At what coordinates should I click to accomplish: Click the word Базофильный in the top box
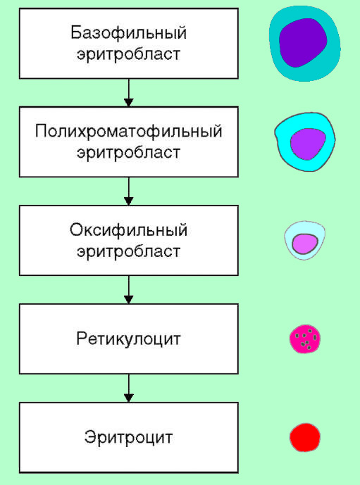click(x=128, y=32)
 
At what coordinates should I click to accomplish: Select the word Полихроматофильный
click(x=128, y=132)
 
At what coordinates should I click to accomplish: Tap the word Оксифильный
click(x=128, y=231)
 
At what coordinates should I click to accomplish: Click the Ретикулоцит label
click(x=128, y=339)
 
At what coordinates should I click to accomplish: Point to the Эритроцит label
click(x=128, y=437)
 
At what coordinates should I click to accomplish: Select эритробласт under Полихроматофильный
click(x=128, y=152)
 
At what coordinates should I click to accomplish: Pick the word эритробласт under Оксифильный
click(x=128, y=251)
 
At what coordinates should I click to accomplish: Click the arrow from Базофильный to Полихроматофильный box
click(x=128, y=92)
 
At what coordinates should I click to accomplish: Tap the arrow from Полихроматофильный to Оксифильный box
click(x=128, y=191)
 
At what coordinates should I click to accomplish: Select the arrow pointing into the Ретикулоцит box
click(x=128, y=289)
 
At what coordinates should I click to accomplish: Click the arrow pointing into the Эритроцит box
click(x=128, y=388)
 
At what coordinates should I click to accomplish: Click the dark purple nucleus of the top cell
click(x=304, y=42)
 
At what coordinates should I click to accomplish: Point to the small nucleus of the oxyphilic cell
click(x=306, y=244)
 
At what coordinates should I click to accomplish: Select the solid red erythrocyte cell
click(x=305, y=437)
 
